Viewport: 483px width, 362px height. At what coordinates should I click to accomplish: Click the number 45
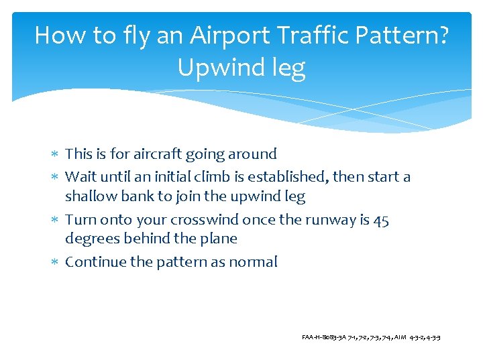(x=380, y=220)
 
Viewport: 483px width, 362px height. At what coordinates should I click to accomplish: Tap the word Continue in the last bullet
(x=95, y=262)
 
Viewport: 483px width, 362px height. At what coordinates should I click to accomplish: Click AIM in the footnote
(x=400, y=337)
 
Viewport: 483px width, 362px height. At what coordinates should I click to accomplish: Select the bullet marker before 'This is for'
(x=55, y=155)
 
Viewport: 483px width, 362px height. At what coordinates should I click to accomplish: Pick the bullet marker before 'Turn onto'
(x=55, y=221)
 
